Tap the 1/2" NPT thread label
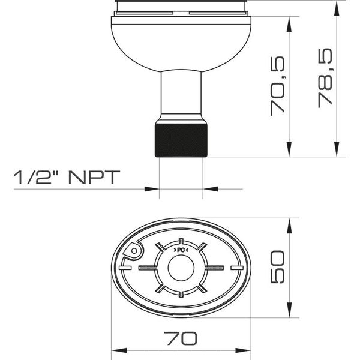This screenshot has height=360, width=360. point(67,177)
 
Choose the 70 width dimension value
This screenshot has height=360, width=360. point(180,338)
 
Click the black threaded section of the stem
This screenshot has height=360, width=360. point(182,140)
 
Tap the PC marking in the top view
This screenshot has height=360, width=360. point(181,249)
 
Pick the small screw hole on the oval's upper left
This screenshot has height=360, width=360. point(135,248)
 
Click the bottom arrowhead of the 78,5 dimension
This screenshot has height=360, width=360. point(337,151)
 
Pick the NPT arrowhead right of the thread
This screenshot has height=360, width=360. point(209,189)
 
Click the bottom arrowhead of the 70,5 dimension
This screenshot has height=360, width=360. point(290,151)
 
